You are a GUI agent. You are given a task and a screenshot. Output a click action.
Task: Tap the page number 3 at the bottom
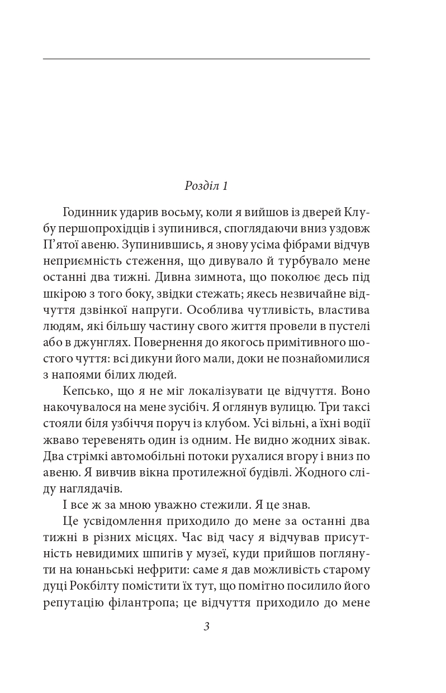click(206, 627)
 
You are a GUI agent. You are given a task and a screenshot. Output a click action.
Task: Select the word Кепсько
click(84, 390)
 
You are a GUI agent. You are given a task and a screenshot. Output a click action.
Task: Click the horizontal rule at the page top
click(206, 59)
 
